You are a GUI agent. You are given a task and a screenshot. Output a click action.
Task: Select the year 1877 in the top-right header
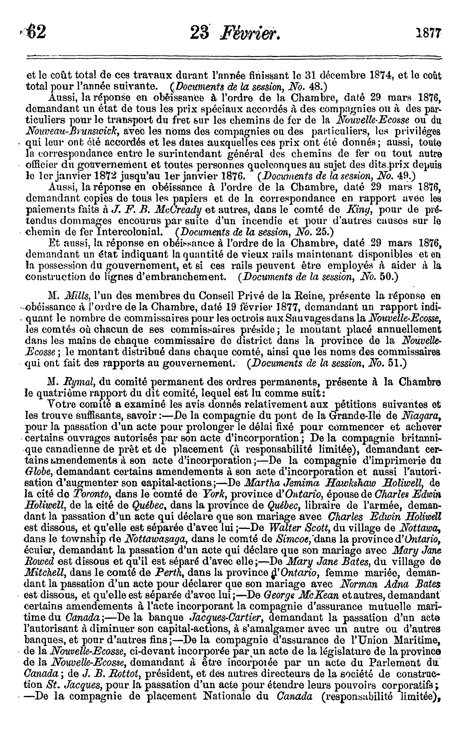[428, 32]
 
